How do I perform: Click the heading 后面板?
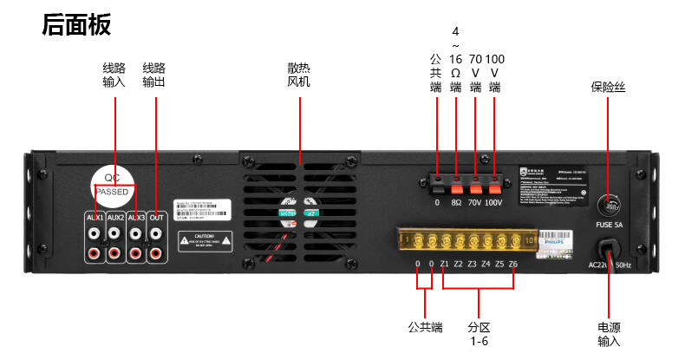(x=76, y=25)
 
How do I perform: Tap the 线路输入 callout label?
(x=114, y=75)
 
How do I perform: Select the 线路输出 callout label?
(x=153, y=75)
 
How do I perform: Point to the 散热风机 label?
(x=298, y=75)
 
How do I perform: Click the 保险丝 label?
(x=608, y=87)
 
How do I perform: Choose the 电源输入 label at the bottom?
(x=609, y=334)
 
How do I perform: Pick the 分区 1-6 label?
(x=479, y=334)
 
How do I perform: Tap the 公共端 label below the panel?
(x=425, y=327)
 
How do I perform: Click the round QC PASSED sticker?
(x=114, y=182)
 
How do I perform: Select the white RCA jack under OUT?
(x=156, y=233)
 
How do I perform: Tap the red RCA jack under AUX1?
(x=94, y=253)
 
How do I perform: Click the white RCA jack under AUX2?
(x=114, y=233)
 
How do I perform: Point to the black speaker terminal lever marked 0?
(x=438, y=184)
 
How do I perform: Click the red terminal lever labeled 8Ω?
(x=456, y=184)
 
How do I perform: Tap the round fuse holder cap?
(x=610, y=206)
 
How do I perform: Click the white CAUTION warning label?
(x=205, y=240)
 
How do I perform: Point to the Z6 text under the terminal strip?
(x=512, y=264)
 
